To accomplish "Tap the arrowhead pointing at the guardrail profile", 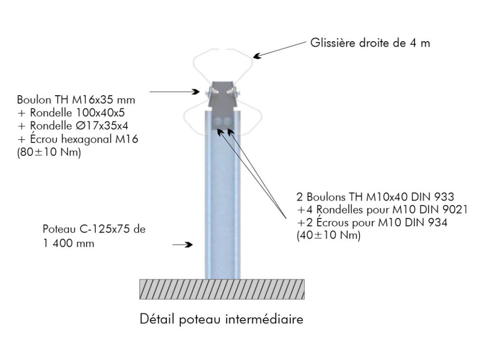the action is [x=257, y=56].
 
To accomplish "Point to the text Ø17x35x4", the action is [x=102, y=126].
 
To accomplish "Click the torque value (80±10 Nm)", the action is [x=49, y=152].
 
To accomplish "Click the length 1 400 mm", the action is [x=69, y=243].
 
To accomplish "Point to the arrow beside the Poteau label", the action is [x=182, y=244].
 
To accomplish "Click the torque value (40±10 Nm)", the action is [x=329, y=235].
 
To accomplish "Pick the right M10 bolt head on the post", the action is [x=228, y=121].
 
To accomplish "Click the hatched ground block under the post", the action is [x=222, y=289].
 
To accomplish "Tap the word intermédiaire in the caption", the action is [x=264, y=319].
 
